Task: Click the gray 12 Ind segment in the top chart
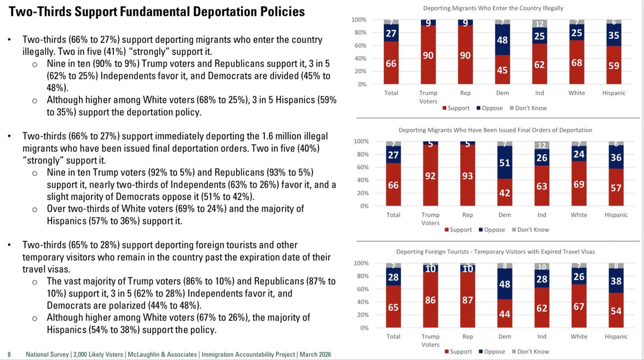tap(539, 24)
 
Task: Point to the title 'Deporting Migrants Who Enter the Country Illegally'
tap(493, 8)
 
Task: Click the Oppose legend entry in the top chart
tap(489, 108)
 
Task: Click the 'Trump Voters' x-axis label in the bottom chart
tap(430, 340)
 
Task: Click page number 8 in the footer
tap(9, 355)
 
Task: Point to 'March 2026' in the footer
tap(316, 355)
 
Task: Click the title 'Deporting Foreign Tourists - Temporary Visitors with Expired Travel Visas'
tap(495, 252)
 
